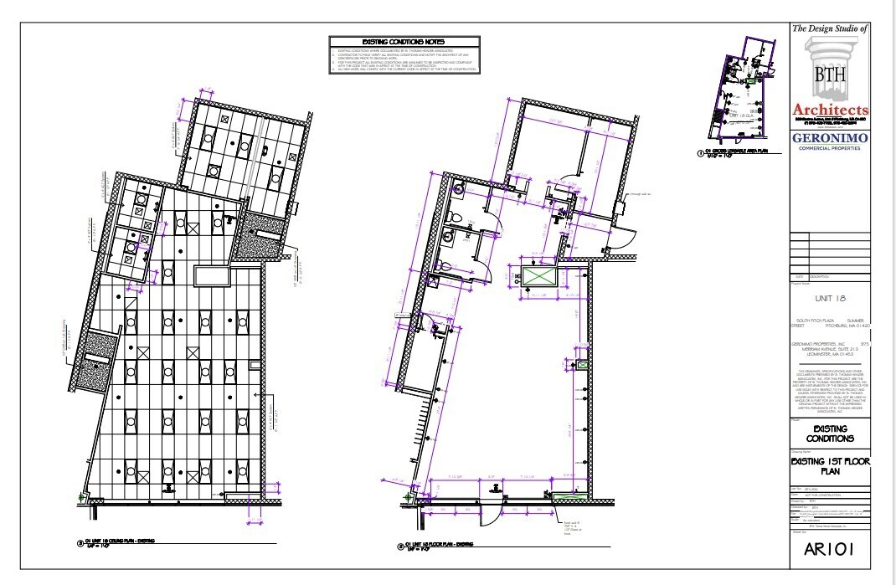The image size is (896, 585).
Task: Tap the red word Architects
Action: [x=831, y=110]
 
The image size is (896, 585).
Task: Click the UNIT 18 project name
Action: [x=831, y=297]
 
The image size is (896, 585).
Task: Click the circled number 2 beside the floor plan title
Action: [x=401, y=547]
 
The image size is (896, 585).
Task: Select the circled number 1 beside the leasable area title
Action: [x=700, y=154]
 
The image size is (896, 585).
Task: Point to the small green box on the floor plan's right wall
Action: [x=580, y=365]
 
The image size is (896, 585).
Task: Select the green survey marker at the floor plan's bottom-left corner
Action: [x=408, y=495]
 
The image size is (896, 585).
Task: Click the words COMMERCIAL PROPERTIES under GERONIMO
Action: [x=831, y=149]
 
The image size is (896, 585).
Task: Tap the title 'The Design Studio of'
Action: [x=831, y=29]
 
